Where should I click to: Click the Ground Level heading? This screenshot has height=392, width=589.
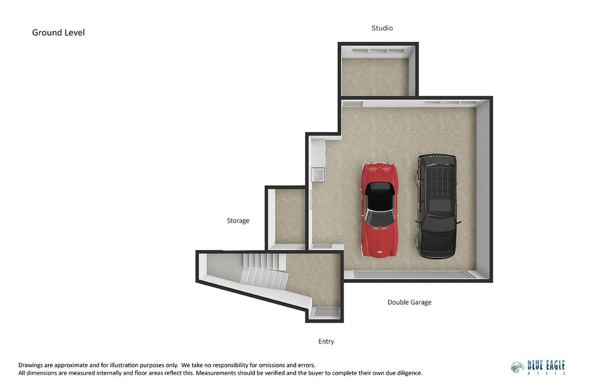(x=58, y=32)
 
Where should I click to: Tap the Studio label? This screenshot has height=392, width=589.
(x=382, y=28)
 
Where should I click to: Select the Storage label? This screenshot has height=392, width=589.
(x=238, y=220)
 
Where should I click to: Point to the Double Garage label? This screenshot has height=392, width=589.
(x=410, y=302)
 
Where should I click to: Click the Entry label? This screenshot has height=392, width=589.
(x=326, y=342)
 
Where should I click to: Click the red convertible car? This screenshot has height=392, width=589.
(x=380, y=209)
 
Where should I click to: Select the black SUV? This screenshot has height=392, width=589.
(x=437, y=206)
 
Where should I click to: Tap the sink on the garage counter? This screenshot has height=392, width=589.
(x=318, y=175)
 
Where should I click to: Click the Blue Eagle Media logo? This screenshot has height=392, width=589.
(x=538, y=368)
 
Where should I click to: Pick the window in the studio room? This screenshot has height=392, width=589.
(x=378, y=50)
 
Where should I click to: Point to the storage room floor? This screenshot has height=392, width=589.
(x=290, y=217)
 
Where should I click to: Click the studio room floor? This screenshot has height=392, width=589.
(x=375, y=77)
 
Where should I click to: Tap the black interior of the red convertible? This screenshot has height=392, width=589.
(x=380, y=196)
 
